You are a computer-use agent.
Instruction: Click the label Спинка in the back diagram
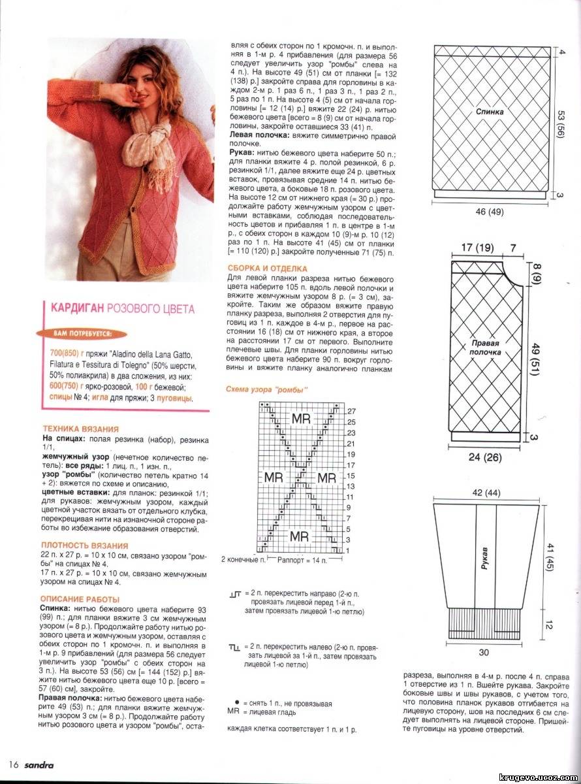pos(490,112)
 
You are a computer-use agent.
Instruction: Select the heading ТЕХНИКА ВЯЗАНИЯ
pos(80,429)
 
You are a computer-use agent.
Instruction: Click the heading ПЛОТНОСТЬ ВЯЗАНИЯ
pos(84,545)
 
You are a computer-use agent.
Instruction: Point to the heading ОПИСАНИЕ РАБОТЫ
pos(80,599)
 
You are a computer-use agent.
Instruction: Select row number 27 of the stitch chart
pos(351,411)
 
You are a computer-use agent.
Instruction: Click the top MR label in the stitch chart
pos(301,418)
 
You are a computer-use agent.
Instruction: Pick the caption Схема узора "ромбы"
pos(266,390)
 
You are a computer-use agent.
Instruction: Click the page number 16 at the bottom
pos(12,765)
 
